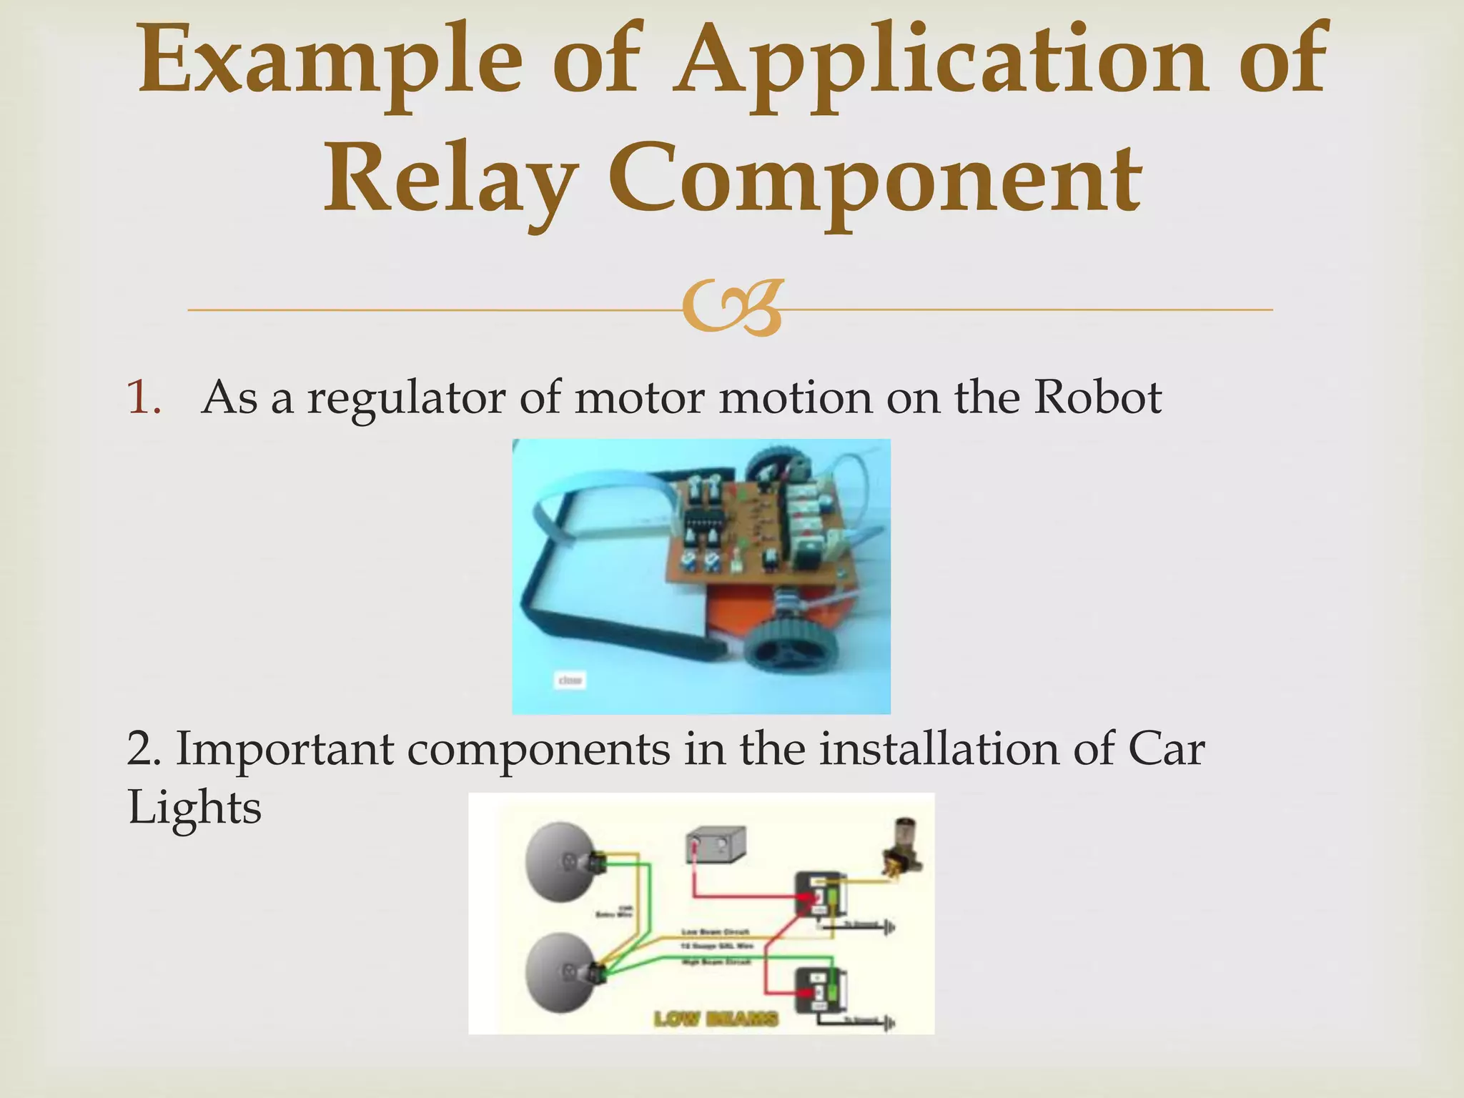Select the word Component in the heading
pos(875,179)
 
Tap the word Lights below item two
pos(194,808)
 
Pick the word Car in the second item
pos(1167,748)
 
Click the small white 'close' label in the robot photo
pos(570,680)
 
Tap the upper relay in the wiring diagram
pos(822,894)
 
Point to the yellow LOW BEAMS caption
pos(716,1018)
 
